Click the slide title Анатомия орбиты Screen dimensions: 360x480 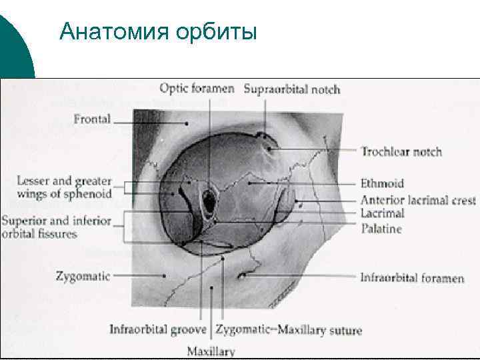coord(157,31)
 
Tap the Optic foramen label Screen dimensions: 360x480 coord(197,88)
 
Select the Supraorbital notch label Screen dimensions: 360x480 coord(292,89)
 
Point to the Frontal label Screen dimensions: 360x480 coord(92,121)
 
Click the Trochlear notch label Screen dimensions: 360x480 coord(401,151)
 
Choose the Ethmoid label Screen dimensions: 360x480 coord(382,183)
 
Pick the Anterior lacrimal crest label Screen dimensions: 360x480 coord(418,200)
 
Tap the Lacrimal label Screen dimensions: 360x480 coord(382,213)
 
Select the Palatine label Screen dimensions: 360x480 coord(381,229)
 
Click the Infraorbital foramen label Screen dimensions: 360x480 coord(412,277)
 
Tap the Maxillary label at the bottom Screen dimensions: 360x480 coord(211,351)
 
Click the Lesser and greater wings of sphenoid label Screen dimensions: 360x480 coord(64,187)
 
